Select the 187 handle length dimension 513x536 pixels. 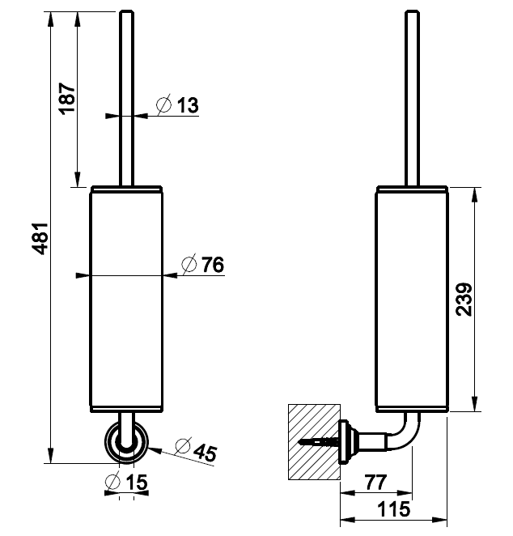pyautogui.click(x=67, y=98)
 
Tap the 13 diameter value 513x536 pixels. pyautogui.click(x=187, y=105)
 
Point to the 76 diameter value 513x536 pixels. pyautogui.click(x=211, y=264)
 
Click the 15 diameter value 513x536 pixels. pyautogui.click(x=137, y=483)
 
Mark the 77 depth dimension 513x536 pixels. pyautogui.click(x=375, y=482)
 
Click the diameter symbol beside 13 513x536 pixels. pyautogui.click(x=163, y=105)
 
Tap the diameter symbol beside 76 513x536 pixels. pyautogui.click(x=188, y=264)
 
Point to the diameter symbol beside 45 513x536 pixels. pyautogui.click(x=180, y=445)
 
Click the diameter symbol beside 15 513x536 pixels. pyautogui.click(x=113, y=483)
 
